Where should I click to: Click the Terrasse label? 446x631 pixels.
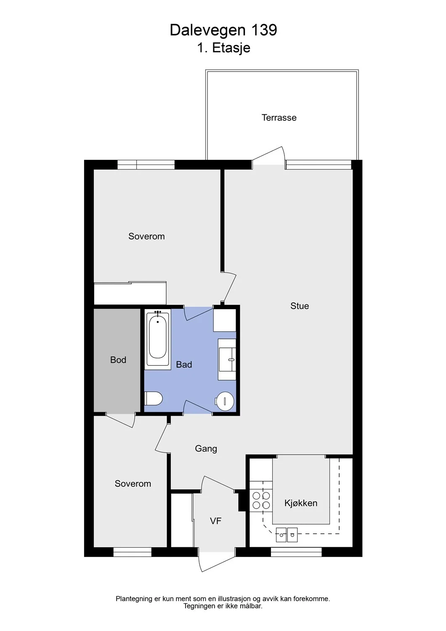(x=279, y=117)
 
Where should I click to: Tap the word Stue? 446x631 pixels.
(x=300, y=306)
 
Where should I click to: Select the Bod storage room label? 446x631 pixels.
(x=118, y=360)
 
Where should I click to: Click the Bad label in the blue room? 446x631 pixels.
(x=184, y=365)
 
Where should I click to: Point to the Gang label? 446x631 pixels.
(x=206, y=449)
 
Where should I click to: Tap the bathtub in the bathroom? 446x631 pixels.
(x=157, y=339)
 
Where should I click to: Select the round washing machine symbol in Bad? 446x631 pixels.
(x=225, y=401)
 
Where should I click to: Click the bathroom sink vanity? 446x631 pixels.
(x=227, y=359)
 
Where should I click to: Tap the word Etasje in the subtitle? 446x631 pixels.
(x=231, y=48)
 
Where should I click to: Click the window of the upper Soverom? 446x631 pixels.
(x=146, y=164)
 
